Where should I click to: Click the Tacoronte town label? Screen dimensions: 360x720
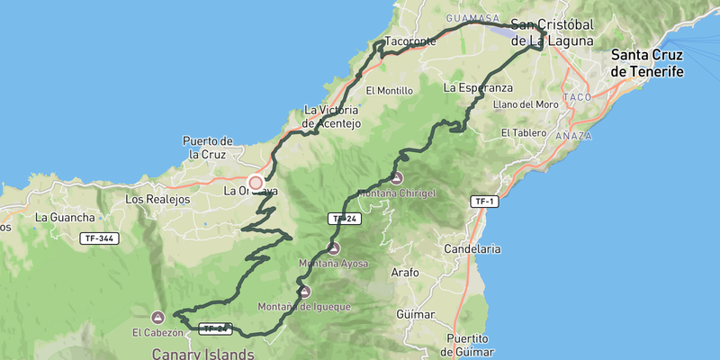[x=409, y=41]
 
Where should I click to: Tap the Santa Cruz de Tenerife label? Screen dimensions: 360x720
[x=646, y=63]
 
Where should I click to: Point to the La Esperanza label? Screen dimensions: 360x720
[x=478, y=88]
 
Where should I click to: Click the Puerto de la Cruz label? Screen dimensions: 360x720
[x=208, y=148]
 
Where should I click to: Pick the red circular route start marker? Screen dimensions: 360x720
[x=256, y=183]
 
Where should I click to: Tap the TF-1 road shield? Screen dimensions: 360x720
[x=483, y=202]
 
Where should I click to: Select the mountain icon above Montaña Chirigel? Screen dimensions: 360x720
[x=397, y=178]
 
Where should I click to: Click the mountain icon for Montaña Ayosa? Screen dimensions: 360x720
[x=334, y=247]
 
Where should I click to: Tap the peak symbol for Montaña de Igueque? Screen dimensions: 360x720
[x=304, y=291]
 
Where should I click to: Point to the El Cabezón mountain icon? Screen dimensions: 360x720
[x=158, y=317]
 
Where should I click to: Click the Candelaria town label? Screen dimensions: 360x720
[x=473, y=248]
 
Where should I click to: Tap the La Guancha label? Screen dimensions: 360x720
[x=65, y=217]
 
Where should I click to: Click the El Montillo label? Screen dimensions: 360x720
[x=390, y=91]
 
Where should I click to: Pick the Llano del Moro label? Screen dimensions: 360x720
[x=526, y=104]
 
